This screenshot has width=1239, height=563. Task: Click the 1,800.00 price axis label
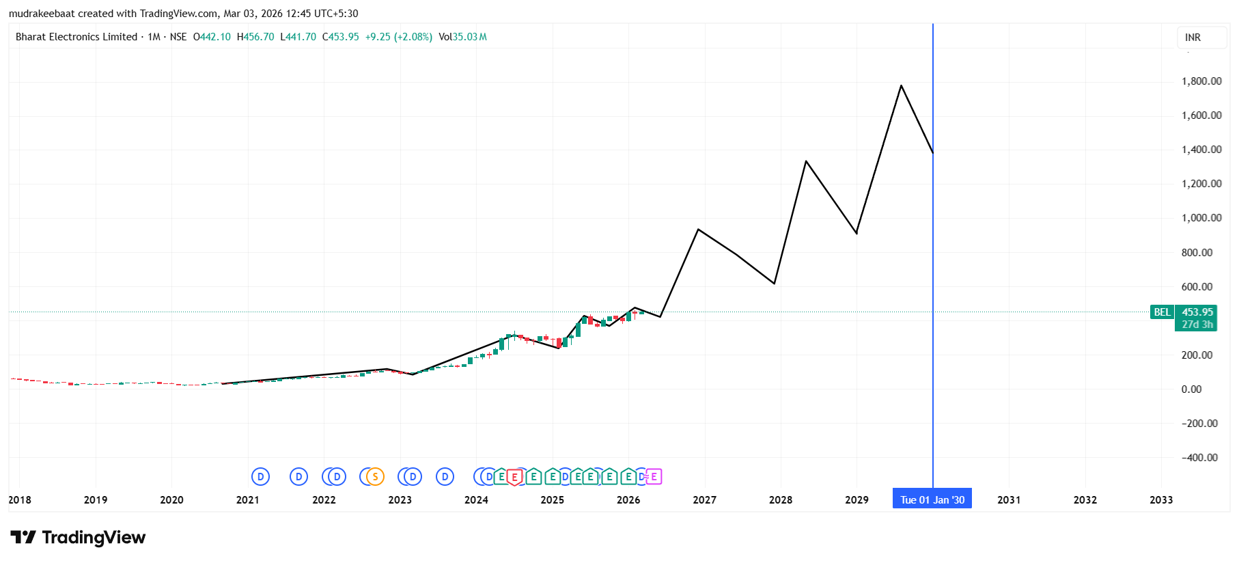[1201, 81]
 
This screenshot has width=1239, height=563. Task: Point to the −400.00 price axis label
[1199, 458]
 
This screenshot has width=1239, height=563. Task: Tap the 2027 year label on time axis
[704, 500]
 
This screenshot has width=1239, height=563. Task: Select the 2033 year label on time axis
[1160, 500]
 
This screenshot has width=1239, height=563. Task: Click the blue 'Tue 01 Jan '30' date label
[932, 499]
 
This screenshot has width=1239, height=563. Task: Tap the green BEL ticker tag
[1162, 312]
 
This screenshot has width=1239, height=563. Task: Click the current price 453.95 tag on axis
[1197, 312]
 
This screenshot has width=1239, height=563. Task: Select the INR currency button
[1193, 38]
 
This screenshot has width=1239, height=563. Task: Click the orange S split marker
[375, 477]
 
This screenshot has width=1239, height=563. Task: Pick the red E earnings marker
[514, 477]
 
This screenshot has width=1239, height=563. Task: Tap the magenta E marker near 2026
[654, 477]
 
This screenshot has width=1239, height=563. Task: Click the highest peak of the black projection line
[902, 85]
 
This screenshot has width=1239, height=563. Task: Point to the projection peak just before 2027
[698, 230]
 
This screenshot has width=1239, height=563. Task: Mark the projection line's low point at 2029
[857, 234]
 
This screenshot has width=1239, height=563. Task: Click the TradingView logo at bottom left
[78, 538]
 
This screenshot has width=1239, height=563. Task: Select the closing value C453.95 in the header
[341, 37]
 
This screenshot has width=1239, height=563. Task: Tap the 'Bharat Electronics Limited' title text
[76, 37]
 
